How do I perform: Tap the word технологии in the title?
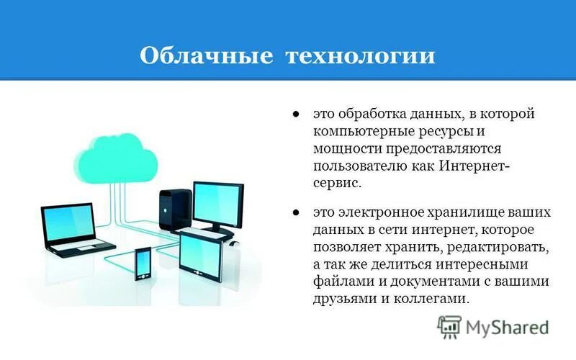click(x=356, y=55)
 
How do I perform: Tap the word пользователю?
click(x=356, y=166)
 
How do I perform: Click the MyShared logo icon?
click(x=449, y=327)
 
